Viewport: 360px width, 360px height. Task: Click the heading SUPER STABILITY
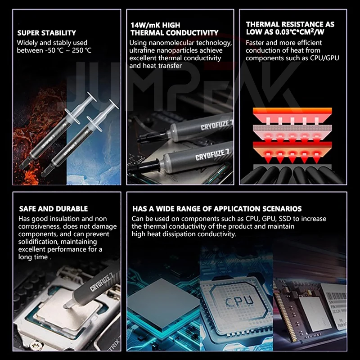click(x=47, y=33)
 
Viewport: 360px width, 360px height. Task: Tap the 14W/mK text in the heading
click(x=145, y=25)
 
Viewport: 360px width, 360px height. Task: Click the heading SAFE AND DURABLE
click(x=54, y=209)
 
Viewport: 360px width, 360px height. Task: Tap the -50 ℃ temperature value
click(x=54, y=50)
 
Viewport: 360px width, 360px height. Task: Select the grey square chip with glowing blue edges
click(x=163, y=303)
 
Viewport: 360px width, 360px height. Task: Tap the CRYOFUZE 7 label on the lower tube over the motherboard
click(x=212, y=155)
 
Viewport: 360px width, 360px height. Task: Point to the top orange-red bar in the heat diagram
click(x=292, y=111)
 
